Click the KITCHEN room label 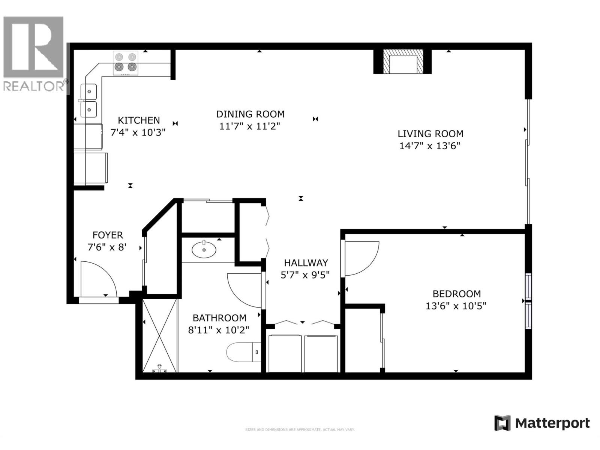139,120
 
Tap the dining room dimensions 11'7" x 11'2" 250,126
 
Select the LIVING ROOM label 430,133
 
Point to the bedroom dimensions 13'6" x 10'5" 456,306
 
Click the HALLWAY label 306,263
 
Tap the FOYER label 108,235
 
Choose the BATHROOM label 219,318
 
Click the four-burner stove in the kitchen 125,63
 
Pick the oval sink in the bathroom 204,250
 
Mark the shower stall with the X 160,334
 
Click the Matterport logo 542,423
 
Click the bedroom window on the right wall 528,301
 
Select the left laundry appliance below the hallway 285,353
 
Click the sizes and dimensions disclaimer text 300,430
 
